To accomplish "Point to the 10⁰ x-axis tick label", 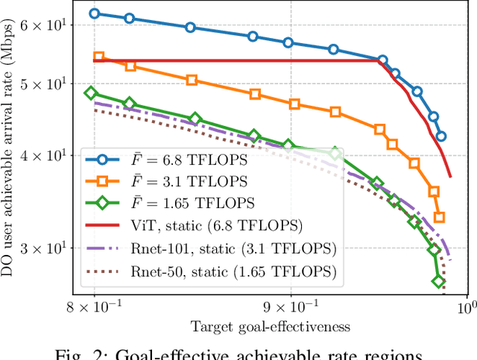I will tap(467, 305).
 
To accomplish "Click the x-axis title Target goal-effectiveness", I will tap(271, 326).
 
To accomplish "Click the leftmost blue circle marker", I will tap(94, 13).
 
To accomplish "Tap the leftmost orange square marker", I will tap(98, 57).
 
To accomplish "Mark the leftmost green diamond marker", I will tap(92, 93).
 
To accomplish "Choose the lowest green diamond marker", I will tap(439, 281).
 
